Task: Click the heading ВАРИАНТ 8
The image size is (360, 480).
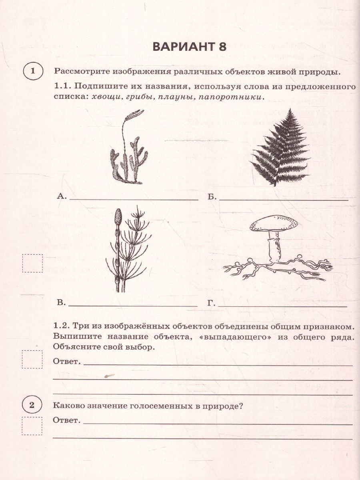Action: pos(189,46)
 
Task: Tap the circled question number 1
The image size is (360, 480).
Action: pos(33,72)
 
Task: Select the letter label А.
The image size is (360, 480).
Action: pos(61,196)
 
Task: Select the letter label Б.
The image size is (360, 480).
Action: pos(212,196)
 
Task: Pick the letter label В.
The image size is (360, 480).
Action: pos(61,303)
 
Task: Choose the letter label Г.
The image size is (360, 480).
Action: pos(211,303)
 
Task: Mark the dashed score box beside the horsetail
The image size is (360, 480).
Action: pos(32,263)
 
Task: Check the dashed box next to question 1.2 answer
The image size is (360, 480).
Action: pos(32,359)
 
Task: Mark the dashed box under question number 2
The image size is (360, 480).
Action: pos(32,426)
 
